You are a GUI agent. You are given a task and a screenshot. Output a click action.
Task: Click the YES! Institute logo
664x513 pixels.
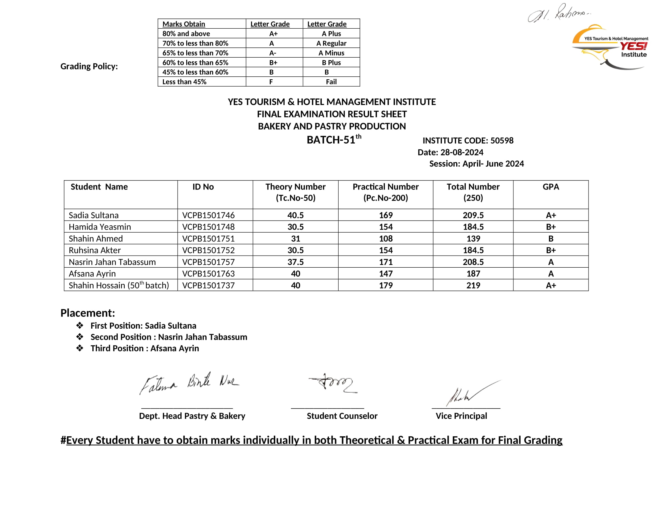[x=611, y=47]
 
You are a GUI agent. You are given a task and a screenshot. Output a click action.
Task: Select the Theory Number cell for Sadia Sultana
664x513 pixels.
[x=295, y=215]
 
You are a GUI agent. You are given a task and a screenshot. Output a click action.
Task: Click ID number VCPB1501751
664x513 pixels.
[x=208, y=239]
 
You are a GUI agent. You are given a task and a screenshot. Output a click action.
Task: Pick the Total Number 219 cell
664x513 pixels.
[x=473, y=285]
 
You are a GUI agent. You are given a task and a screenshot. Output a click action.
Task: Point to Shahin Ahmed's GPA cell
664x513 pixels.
[x=551, y=239]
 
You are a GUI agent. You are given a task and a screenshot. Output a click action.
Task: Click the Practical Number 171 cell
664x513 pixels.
[x=385, y=262]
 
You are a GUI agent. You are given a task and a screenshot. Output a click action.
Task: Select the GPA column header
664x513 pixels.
[x=551, y=186]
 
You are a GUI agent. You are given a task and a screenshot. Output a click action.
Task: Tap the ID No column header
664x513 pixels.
[x=203, y=186]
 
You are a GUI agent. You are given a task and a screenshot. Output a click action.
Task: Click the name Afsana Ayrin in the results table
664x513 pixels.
[x=92, y=273]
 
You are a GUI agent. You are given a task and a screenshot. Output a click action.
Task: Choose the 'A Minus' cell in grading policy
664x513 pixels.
[x=331, y=53]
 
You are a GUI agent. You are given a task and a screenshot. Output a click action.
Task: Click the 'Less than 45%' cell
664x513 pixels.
[x=184, y=82]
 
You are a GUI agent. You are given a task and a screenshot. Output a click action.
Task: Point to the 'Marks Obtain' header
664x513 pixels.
[x=184, y=24]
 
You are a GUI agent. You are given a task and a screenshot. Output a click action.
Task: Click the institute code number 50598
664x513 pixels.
[x=502, y=140]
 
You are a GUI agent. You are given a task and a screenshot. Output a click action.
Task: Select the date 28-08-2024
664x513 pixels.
[x=461, y=152]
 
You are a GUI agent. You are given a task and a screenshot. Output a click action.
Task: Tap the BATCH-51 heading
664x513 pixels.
[x=334, y=139]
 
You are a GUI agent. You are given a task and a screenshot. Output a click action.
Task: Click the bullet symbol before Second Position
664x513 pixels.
[x=80, y=337]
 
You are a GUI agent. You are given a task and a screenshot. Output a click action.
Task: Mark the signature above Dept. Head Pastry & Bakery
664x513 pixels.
[x=189, y=384]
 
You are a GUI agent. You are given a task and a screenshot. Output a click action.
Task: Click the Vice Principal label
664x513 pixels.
[x=461, y=416]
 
